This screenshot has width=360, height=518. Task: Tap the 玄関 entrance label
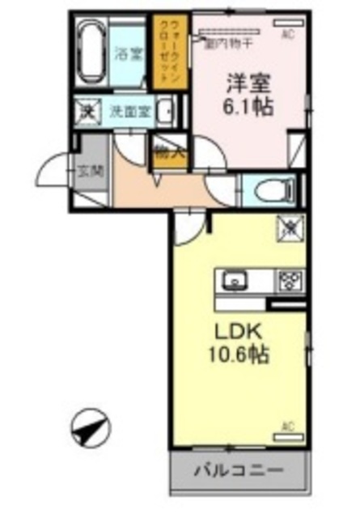coord(89,172)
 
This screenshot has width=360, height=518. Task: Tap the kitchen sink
coord(236,282)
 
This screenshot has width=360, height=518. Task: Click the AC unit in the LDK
coord(286,429)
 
